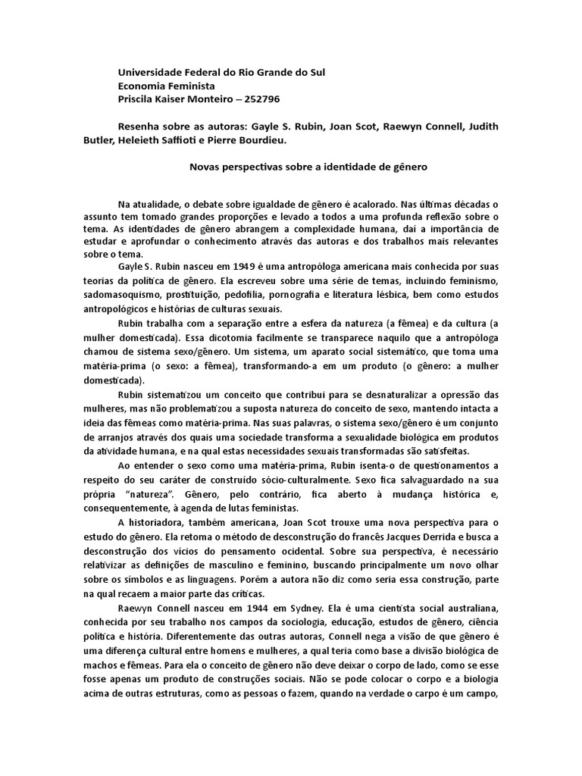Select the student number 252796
[x=265, y=99]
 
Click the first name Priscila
[x=137, y=99]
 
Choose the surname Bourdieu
[x=282, y=139]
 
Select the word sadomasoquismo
[x=124, y=295]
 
